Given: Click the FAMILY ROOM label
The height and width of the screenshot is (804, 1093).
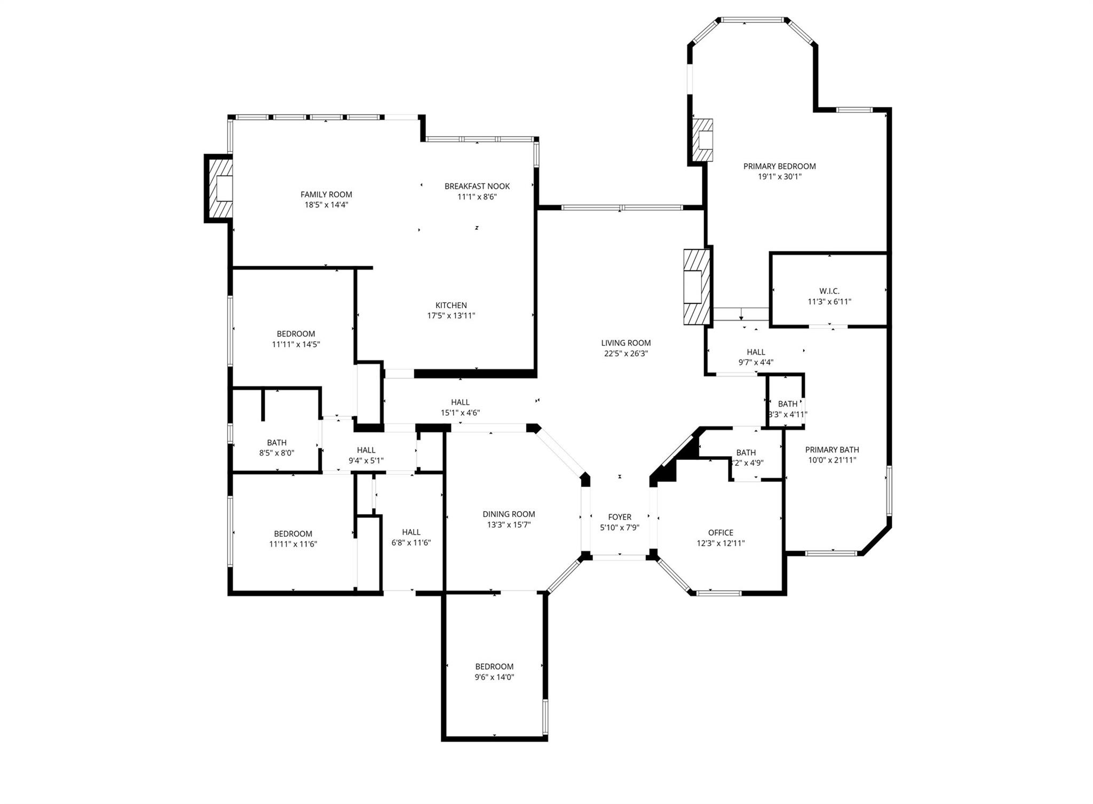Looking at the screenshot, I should click(326, 195).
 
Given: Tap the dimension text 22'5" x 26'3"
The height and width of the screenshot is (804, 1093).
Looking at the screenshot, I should click(625, 353).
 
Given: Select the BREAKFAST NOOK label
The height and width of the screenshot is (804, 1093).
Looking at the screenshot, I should click(477, 186).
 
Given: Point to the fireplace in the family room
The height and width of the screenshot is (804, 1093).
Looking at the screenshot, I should click(219, 188).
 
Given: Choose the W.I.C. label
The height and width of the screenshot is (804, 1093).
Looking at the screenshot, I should click(829, 291).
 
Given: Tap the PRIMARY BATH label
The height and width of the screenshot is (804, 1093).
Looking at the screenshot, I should click(831, 450).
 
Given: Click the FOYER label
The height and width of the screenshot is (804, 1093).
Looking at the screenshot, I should click(619, 517).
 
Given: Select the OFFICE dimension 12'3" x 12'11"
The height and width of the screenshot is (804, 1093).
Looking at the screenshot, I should click(720, 543).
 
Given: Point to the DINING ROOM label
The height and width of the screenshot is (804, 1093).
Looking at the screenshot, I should click(509, 514).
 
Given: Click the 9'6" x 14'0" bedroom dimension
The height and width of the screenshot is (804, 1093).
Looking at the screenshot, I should click(494, 677).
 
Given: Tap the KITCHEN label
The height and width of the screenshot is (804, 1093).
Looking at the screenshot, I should click(451, 305).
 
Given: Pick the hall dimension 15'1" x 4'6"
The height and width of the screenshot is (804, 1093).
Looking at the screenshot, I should click(460, 412).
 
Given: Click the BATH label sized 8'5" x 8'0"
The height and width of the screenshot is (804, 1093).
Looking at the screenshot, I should click(276, 442).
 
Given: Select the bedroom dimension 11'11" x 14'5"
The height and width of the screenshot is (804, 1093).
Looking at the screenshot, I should click(296, 345).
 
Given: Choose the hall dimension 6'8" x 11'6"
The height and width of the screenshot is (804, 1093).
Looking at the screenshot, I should click(411, 543).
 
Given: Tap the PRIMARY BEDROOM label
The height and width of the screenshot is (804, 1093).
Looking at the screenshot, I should click(779, 166).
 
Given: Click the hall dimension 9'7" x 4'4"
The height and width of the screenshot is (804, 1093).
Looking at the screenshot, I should click(756, 362).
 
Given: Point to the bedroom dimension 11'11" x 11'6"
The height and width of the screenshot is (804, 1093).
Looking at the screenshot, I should click(293, 544).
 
